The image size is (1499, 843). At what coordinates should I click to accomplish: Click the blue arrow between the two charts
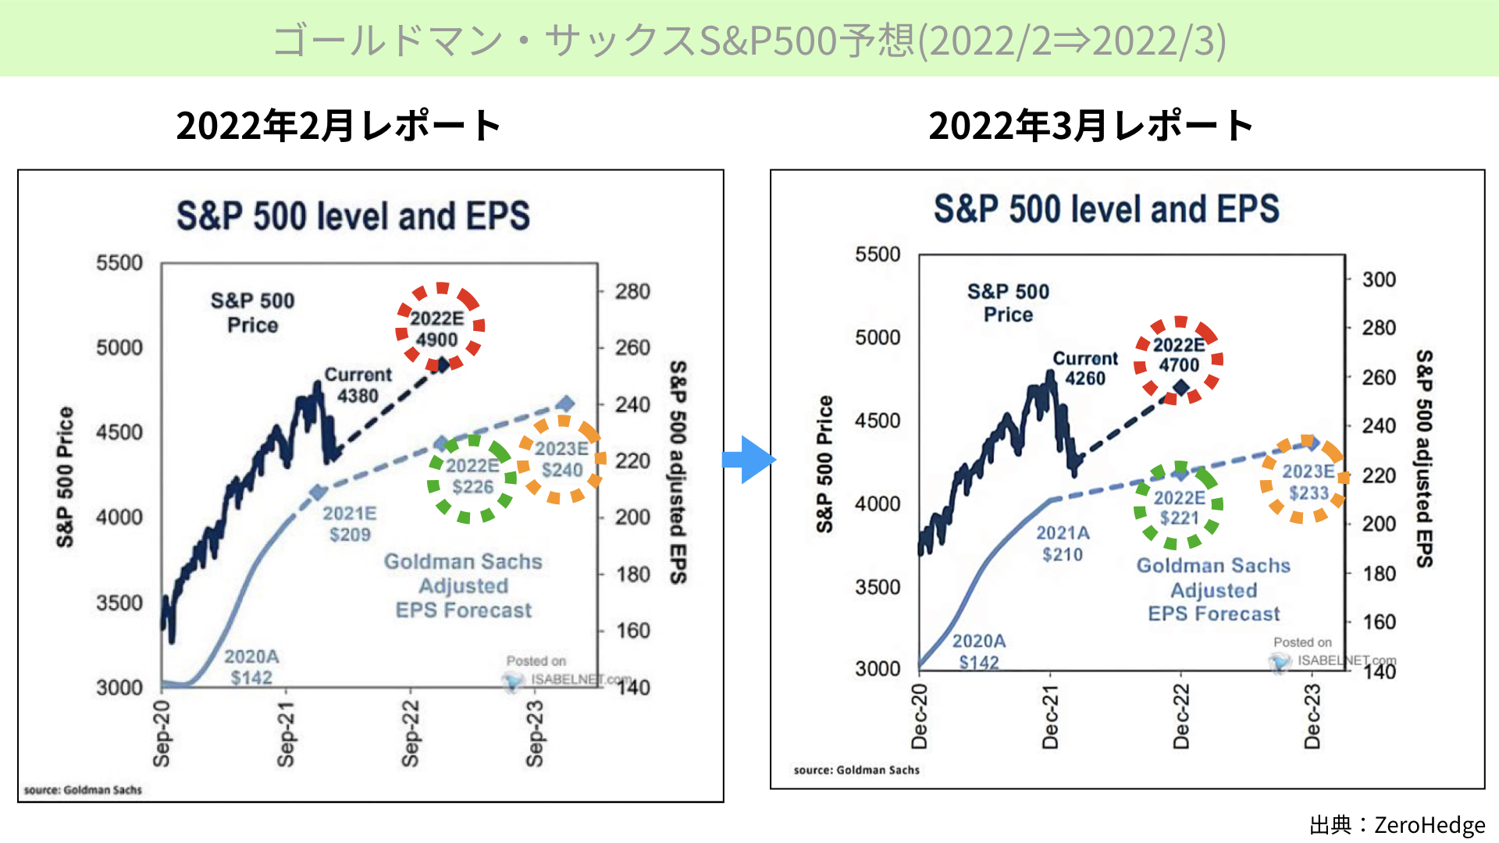click(x=749, y=460)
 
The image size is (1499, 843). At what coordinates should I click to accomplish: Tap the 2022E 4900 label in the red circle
click(x=437, y=329)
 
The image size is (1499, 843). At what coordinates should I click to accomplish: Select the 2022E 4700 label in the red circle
click(x=1179, y=355)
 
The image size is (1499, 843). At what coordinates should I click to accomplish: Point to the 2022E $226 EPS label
click(x=472, y=476)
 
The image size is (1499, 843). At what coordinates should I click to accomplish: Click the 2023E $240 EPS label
click(x=561, y=459)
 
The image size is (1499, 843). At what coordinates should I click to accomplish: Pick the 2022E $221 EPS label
click(x=1180, y=507)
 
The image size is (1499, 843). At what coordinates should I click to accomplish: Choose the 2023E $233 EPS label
click(x=1309, y=482)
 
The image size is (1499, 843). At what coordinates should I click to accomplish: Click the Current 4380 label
click(x=358, y=385)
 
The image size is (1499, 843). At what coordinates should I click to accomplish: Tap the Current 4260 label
click(x=1085, y=368)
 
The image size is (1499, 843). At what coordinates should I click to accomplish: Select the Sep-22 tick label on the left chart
click(x=411, y=733)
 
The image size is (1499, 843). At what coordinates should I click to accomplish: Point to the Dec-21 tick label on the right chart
click(x=1051, y=716)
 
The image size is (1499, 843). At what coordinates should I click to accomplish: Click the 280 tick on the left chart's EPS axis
click(x=632, y=291)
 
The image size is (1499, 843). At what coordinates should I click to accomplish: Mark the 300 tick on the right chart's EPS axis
click(x=1379, y=279)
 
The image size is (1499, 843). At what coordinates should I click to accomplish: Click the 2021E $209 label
click(x=349, y=524)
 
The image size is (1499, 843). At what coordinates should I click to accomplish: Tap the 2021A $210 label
click(x=1063, y=543)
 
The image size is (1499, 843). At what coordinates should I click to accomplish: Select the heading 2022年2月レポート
click(x=339, y=126)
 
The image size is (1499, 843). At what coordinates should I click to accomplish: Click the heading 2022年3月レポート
click(x=1091, y=126)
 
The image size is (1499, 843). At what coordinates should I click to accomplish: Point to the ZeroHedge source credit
click(x=1398, y=824)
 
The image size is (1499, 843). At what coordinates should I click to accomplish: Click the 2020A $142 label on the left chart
click(x=251, y=667)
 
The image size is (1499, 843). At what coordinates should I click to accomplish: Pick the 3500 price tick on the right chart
click(x=878, y=587)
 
